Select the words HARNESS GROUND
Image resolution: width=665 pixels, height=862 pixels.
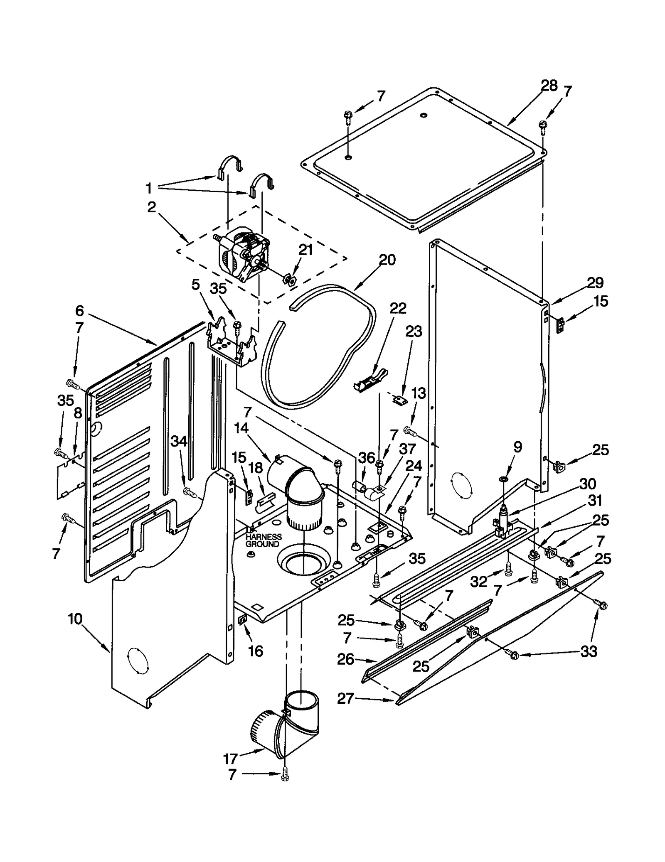pos(263,540)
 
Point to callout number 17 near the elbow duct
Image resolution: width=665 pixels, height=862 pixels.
pos(230,759)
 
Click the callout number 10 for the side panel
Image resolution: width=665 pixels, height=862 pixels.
pos(75,631)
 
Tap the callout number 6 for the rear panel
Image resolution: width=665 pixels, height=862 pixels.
pos(79,311)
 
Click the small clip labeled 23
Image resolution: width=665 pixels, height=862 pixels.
pos(401,400)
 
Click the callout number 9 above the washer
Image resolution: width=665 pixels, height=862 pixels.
pos(517,447)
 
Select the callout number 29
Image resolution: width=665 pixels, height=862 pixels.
pos(595,283)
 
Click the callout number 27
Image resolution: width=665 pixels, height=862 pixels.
pos(345,699)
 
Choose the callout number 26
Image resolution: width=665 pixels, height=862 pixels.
pos(346,659)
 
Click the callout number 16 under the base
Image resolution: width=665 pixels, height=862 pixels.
pos(255,651)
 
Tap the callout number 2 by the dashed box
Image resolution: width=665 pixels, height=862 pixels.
pos(152,207)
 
